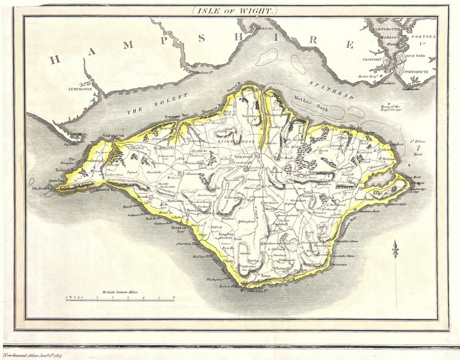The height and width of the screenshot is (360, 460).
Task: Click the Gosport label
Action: tap(372, 58)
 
